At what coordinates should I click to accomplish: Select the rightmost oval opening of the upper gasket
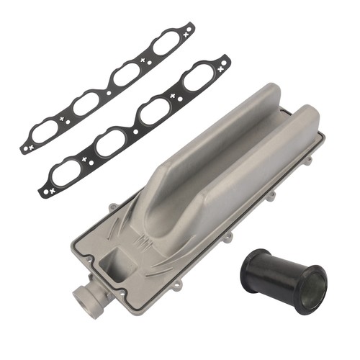click(167, 42)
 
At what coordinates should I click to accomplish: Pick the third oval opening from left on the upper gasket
click(127, 72)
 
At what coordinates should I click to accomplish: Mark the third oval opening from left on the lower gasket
click(156, 109)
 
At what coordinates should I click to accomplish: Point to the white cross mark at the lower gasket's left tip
click(49, 192)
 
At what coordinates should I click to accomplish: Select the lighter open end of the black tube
click(312, 289)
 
